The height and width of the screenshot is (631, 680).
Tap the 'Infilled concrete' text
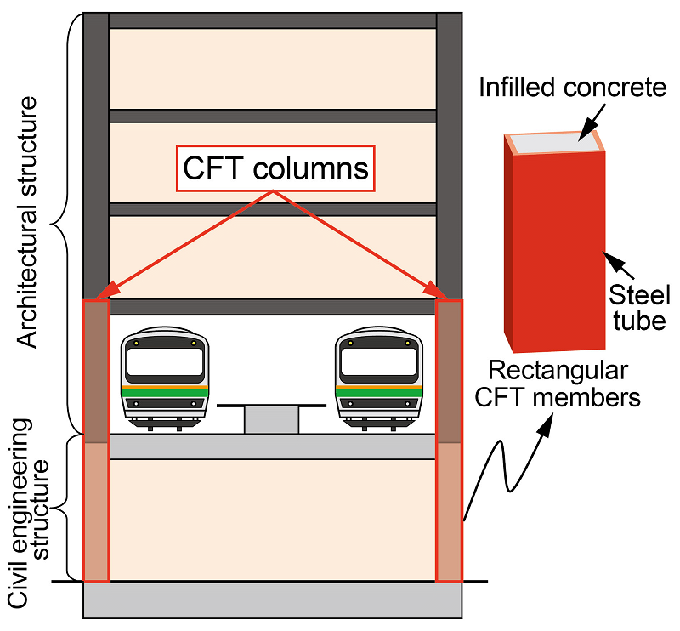(562, 87)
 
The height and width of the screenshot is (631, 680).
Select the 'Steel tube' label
(640, 307)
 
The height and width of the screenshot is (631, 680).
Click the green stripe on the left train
(165, 393)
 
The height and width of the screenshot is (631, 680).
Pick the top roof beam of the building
(272, 20)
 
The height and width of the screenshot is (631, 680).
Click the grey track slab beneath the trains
(272, 446)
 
